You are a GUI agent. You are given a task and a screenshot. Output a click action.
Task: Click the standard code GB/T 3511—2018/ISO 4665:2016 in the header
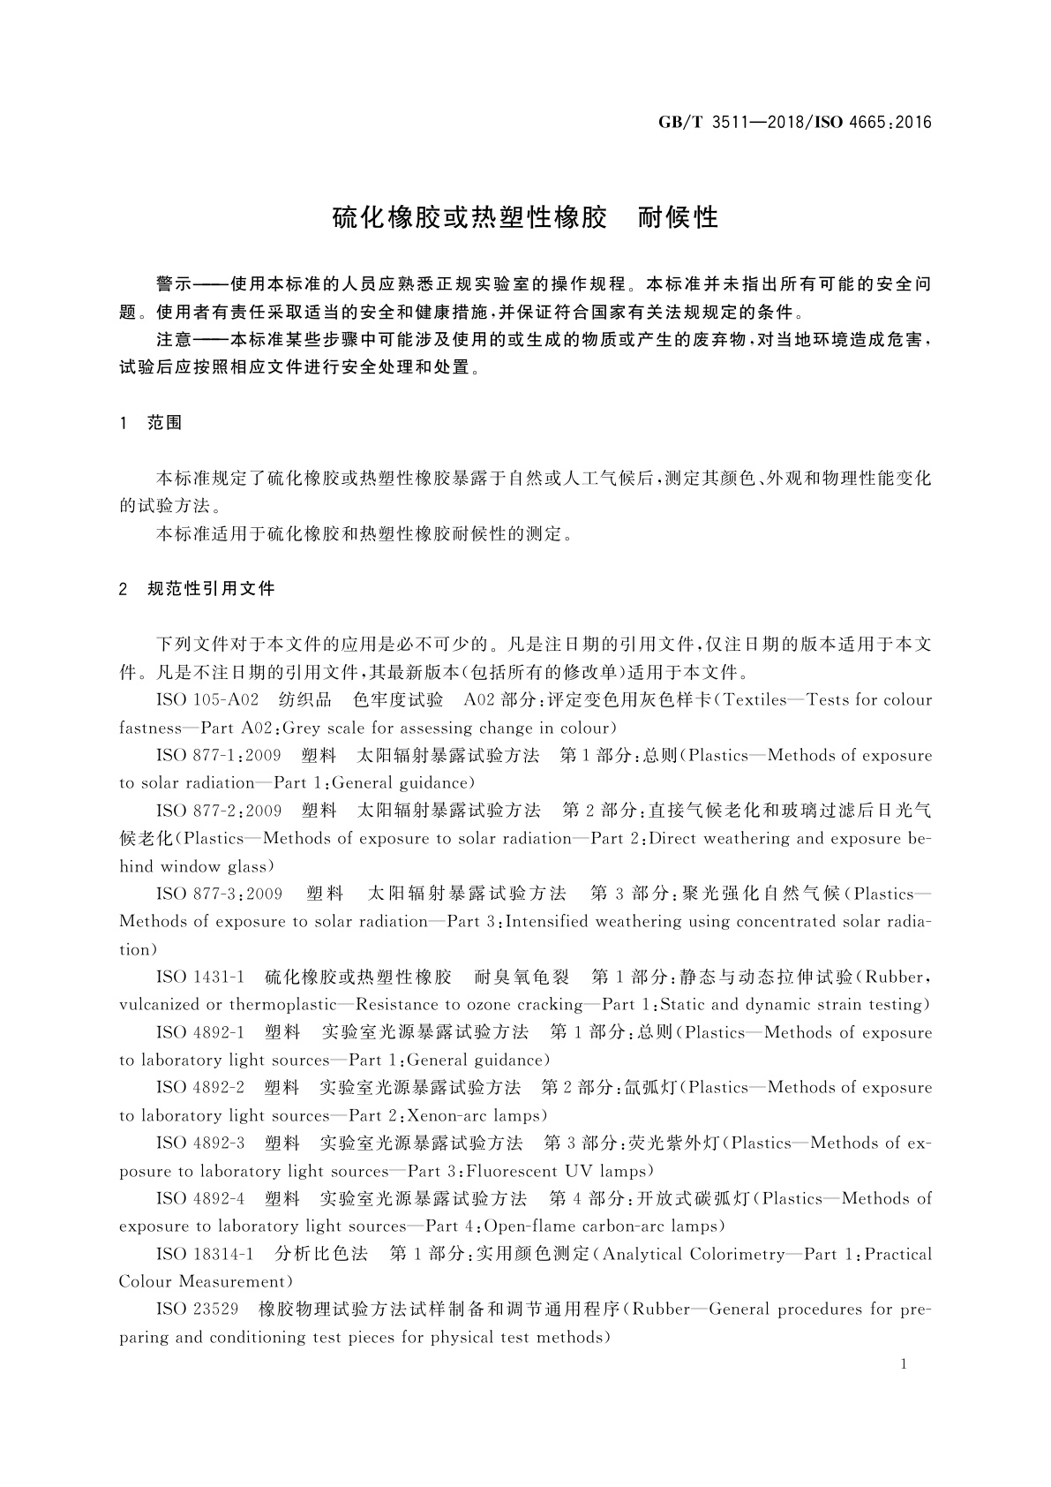(794, 122)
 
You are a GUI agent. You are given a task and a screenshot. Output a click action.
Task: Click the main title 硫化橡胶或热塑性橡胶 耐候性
(525, 217)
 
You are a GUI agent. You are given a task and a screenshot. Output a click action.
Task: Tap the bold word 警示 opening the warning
(174, 284)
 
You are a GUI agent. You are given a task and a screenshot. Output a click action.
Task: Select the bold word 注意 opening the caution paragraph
(174, 340)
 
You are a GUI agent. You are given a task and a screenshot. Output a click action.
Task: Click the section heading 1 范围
(151, 423)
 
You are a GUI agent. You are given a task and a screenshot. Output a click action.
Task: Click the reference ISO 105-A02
(207, 700)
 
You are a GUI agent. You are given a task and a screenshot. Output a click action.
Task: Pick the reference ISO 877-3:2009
(219, 894)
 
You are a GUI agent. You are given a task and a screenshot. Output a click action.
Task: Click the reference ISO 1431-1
(199, 977)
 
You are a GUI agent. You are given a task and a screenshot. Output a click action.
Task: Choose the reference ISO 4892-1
(199, 1032)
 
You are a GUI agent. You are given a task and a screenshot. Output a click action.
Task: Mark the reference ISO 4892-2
(199, 1088)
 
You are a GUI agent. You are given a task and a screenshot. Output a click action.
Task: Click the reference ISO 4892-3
(199, 1144)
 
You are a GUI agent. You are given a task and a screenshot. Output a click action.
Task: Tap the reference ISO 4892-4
(199, 1198)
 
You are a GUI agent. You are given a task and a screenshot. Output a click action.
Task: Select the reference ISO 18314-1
(205, 1254)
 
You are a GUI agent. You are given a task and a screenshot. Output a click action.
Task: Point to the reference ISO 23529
(197, 1310)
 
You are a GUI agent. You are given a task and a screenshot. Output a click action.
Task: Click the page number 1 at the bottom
(904, 1364)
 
